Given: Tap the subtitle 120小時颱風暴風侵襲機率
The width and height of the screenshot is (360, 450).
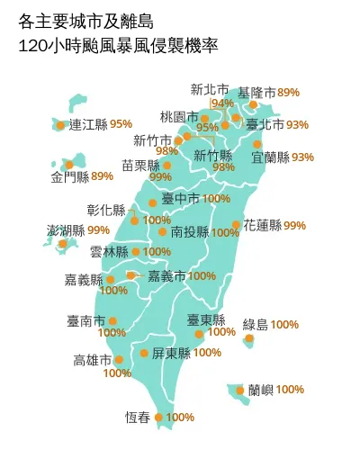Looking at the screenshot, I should [x=112, y=42].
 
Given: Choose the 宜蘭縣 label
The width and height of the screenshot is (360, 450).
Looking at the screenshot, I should [x=270, y=157].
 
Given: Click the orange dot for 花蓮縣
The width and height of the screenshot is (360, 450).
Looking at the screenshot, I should [x=236, y=225].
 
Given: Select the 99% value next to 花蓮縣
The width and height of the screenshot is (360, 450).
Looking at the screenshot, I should [x=294, y=225].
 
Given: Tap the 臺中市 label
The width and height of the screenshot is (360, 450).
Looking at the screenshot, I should [x=181, y=198].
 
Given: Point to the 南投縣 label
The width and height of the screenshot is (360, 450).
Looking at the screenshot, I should [x=188, y=231].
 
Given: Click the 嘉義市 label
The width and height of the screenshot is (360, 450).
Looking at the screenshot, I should [x=166, y=275].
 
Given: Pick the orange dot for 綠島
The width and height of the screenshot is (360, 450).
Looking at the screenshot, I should [x=249, y=338].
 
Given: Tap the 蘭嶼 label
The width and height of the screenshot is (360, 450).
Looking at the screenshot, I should [x=261, y=390].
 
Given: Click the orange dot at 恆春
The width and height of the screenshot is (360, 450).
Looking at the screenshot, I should [x=159, y=417].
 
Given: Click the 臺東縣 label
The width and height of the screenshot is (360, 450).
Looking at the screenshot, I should [x=205, y=319].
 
